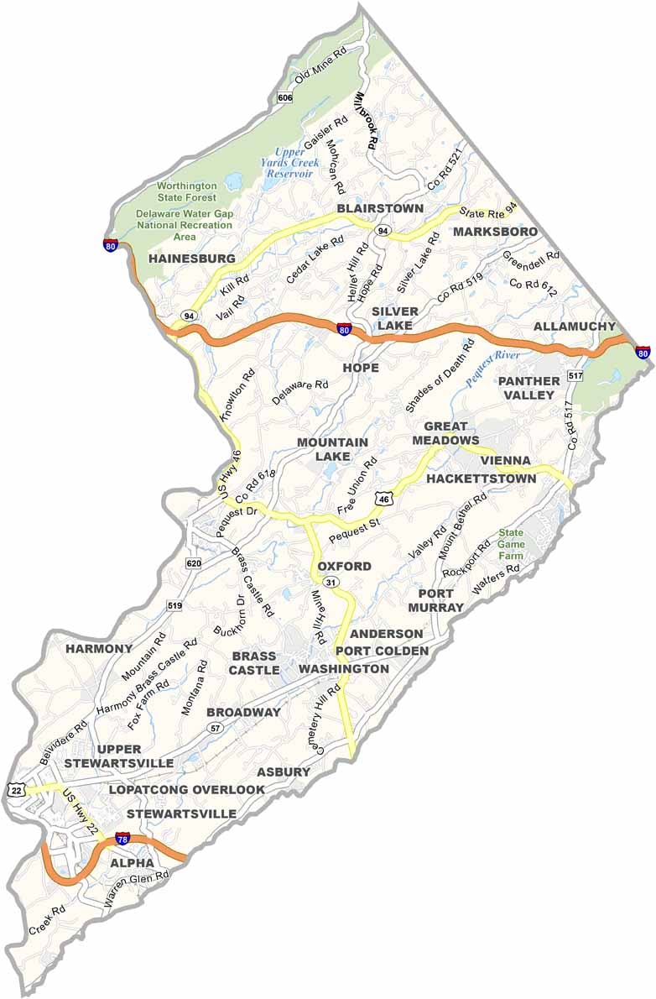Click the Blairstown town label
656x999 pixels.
point(380,207)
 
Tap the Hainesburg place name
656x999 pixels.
point(192,259)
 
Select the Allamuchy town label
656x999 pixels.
point(574,326)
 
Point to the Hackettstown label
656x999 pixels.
point(481,479)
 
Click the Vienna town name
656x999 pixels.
point(505,461)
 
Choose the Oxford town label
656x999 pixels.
point(344,567)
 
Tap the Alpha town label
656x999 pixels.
point(132,863)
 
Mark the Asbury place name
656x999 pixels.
point(284,771)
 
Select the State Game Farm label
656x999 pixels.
point(511,544)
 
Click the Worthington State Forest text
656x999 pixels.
point(186,191)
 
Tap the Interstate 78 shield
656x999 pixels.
point(123,839)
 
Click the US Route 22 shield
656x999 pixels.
point(15,790)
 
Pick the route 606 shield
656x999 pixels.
point(284,98)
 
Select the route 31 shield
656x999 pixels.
point(331,583)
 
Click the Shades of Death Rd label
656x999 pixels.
point(440,376)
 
